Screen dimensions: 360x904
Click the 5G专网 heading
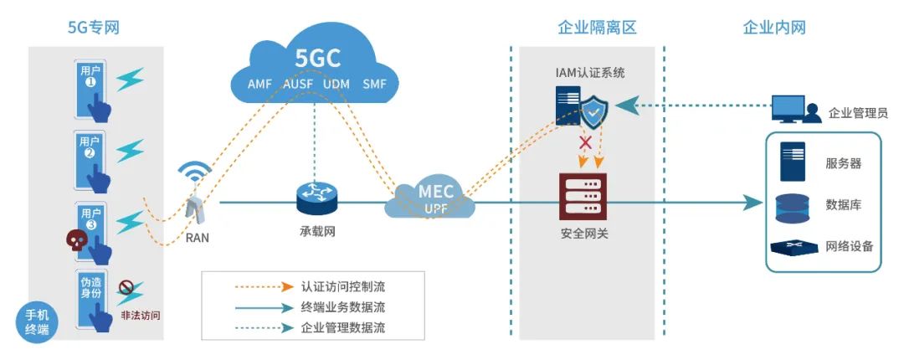(94, 28)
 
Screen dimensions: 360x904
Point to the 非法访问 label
(140, 316)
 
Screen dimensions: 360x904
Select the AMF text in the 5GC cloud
(259, 84)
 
